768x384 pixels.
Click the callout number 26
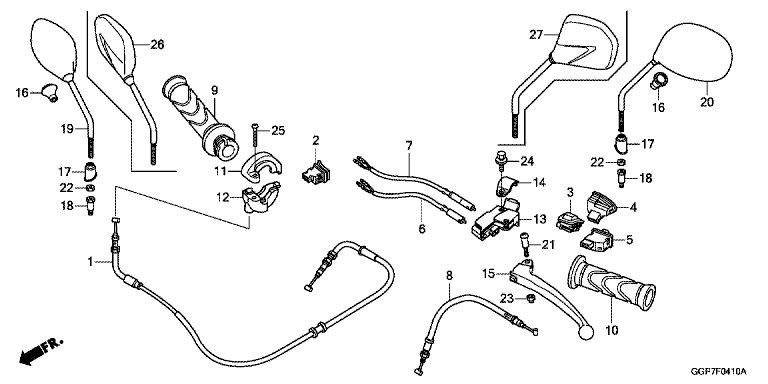tap(157, 45)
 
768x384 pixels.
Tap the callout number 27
tap(536, 35)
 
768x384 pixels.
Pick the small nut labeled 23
tap(530, 297)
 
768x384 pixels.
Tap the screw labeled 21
tap(525, 243)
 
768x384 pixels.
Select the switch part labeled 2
tap(316, 172)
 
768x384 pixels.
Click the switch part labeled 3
tap(570, 222)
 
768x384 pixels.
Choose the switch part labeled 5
tap(595, 239)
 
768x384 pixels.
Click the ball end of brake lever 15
tap(586, 332)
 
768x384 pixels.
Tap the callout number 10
tap(612, 331)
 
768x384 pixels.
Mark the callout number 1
tap(90, 262)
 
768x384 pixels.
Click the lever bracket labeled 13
tap(496, 218)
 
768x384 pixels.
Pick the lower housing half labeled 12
tap(261, 197)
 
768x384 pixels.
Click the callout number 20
tap(707, 102)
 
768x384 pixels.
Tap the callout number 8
tap(450, 275)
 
